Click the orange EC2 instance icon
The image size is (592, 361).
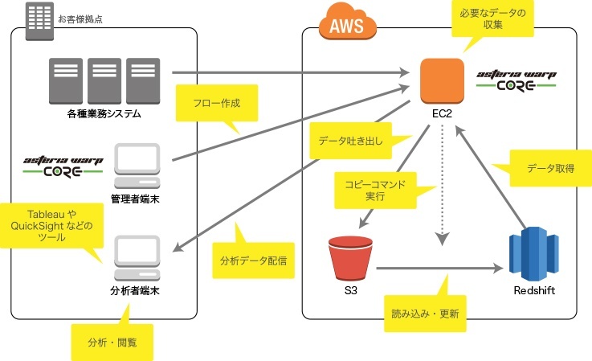442,80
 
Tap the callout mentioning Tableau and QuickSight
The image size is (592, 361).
53,226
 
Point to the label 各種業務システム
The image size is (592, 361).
104,114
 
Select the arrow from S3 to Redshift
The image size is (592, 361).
438,269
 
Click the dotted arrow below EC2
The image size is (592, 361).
441,185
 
